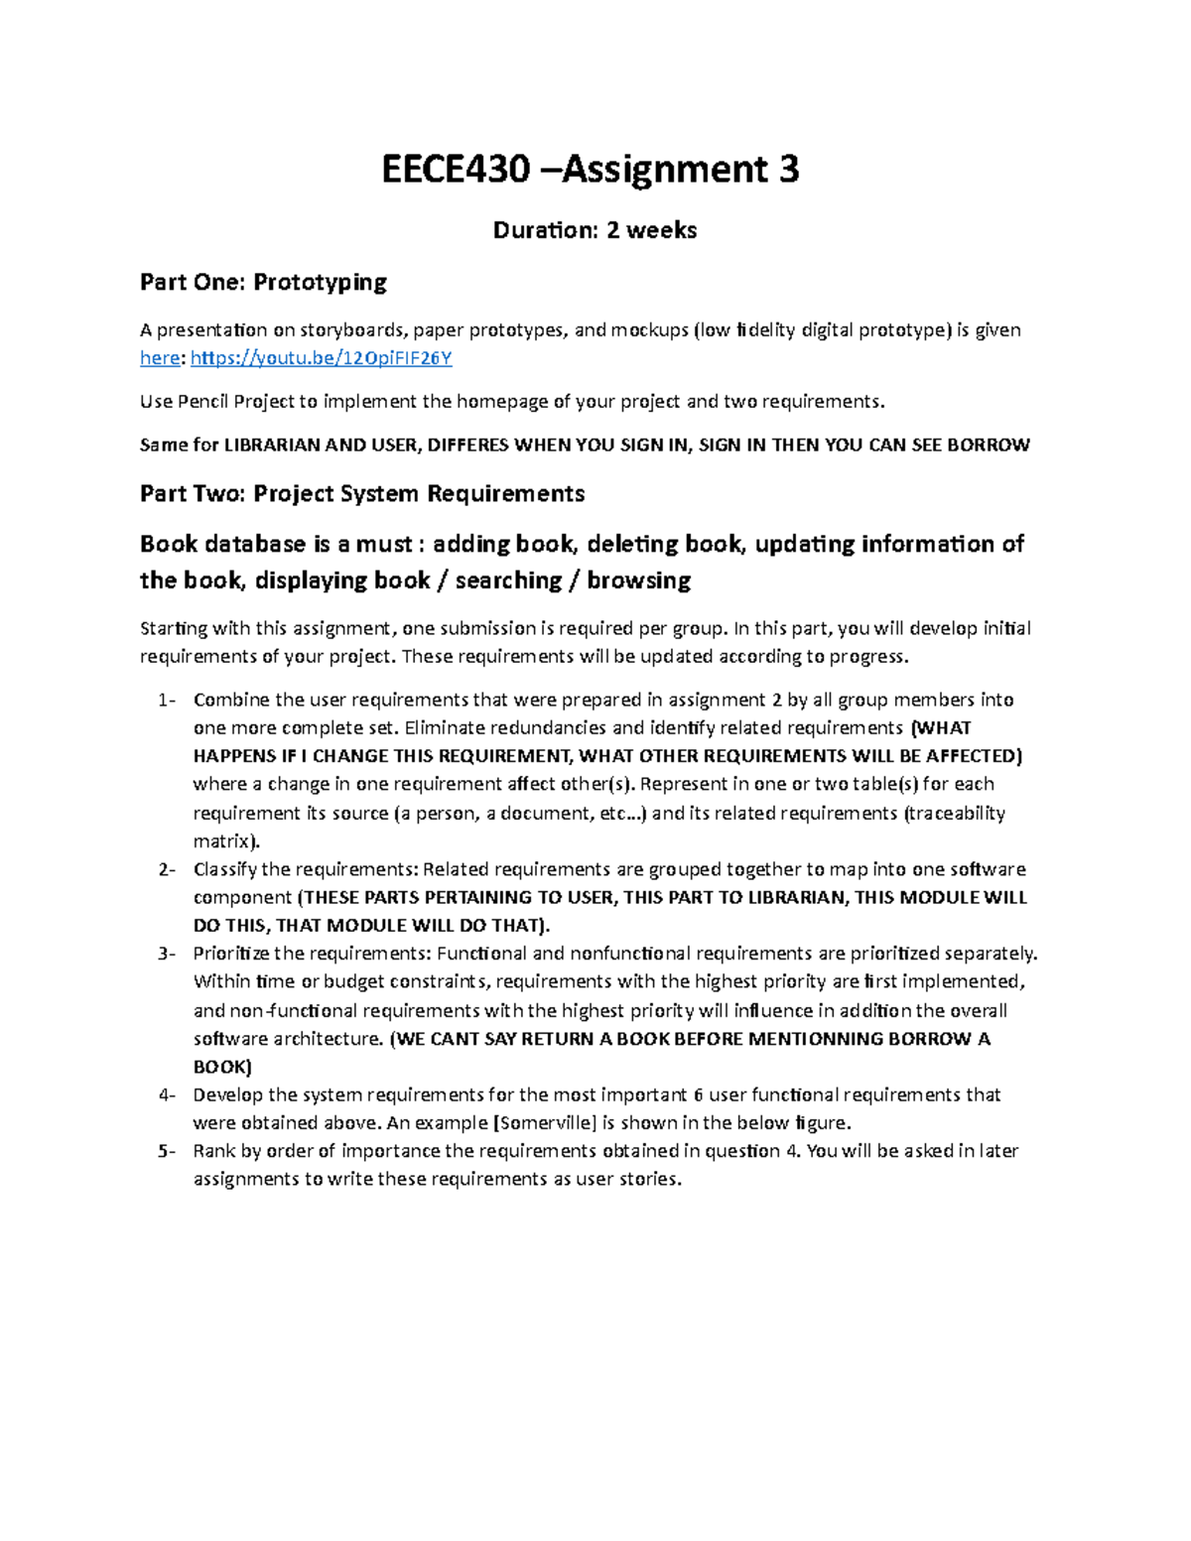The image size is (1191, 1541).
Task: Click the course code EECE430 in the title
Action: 456,170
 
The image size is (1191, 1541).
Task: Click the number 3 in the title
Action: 789,170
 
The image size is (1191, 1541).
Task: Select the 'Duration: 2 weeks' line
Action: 595,230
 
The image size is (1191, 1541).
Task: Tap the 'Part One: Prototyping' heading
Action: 263,282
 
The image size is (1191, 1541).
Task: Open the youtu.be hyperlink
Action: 321,358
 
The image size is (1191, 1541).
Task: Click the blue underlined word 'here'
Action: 159,358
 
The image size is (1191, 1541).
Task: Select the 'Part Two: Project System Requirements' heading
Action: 361,493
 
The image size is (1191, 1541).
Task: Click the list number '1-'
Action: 167,701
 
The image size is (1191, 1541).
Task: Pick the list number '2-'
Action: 167,870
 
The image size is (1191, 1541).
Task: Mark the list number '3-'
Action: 167,955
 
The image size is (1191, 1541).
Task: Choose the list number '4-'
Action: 167,1095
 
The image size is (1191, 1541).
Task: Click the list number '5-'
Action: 167,1152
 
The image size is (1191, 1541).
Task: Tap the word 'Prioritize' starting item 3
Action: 231,955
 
